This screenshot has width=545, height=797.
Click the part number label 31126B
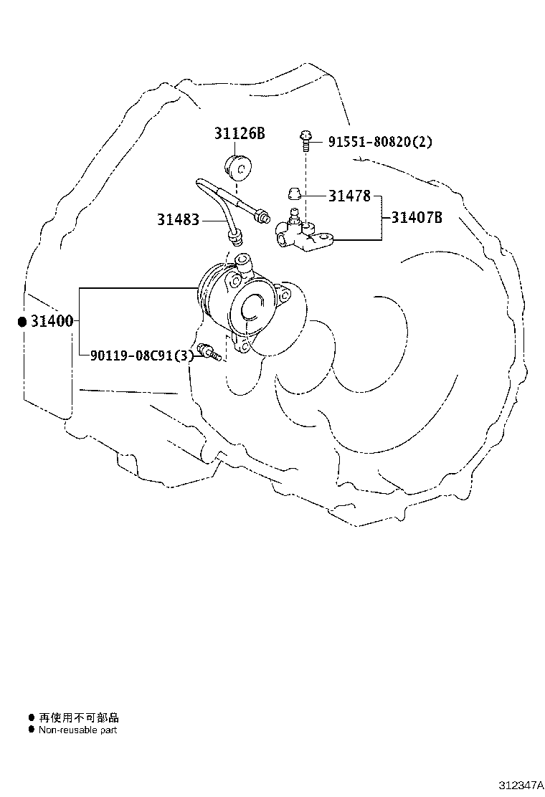click(x=240, y=133)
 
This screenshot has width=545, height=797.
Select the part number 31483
click(x=178, y=219)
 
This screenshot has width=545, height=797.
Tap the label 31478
click(x=350, y=195)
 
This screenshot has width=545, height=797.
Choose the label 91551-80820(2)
click(x=380, y=142)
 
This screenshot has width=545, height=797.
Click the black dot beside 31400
click(x=22, y=322)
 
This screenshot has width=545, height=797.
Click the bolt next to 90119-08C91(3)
click(x=209, y=352)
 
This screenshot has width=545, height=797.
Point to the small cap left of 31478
click(x=293, y=194)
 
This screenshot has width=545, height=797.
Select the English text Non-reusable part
click(x=77, y=730)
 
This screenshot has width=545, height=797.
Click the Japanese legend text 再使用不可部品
click(x=79, y=717)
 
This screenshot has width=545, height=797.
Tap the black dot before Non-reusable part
click(x=31, y=730)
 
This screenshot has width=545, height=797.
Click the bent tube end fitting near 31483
click(x=235, y=234)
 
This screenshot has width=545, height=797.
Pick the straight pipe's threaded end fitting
click(x=262, y=214)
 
